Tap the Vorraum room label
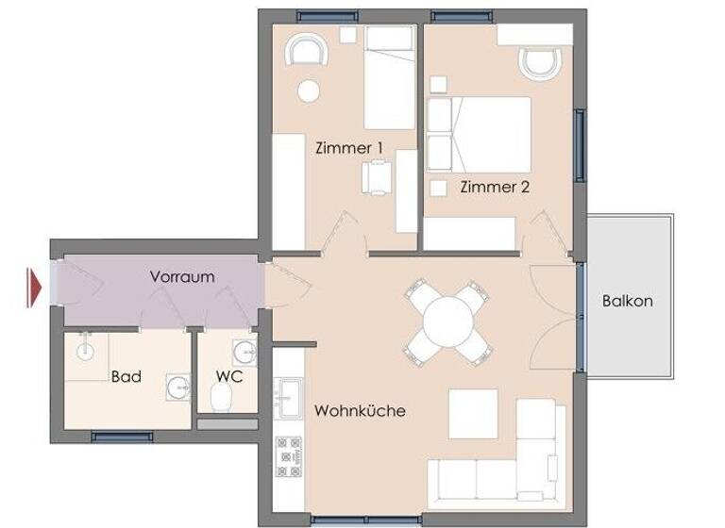click(182, 277)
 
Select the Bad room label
click(126, 376)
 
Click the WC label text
click(228, 376)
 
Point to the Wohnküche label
click(360, 411)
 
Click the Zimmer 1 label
click(348, 147)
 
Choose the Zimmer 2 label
click(495, 187)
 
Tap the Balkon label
click(628, 302)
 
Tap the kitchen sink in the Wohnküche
click(286, 395)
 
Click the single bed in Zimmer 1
click(390, 78)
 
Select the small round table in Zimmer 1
click(308, 91)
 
